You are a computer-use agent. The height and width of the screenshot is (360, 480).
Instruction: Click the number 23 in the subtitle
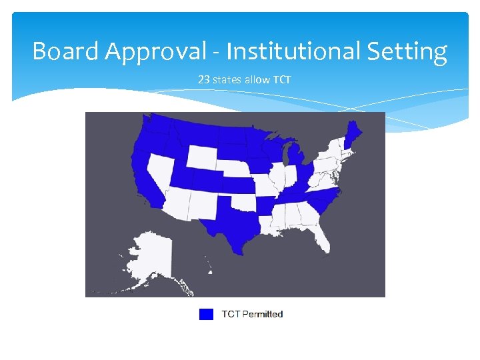coord(203,80)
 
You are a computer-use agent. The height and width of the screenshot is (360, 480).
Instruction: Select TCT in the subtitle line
coord(282,80)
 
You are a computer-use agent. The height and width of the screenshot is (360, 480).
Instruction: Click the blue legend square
coord(206,314)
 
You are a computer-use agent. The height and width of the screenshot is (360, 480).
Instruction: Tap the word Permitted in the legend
coord(261,314)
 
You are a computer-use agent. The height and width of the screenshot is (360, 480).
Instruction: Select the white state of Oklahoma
coord(244,201)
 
